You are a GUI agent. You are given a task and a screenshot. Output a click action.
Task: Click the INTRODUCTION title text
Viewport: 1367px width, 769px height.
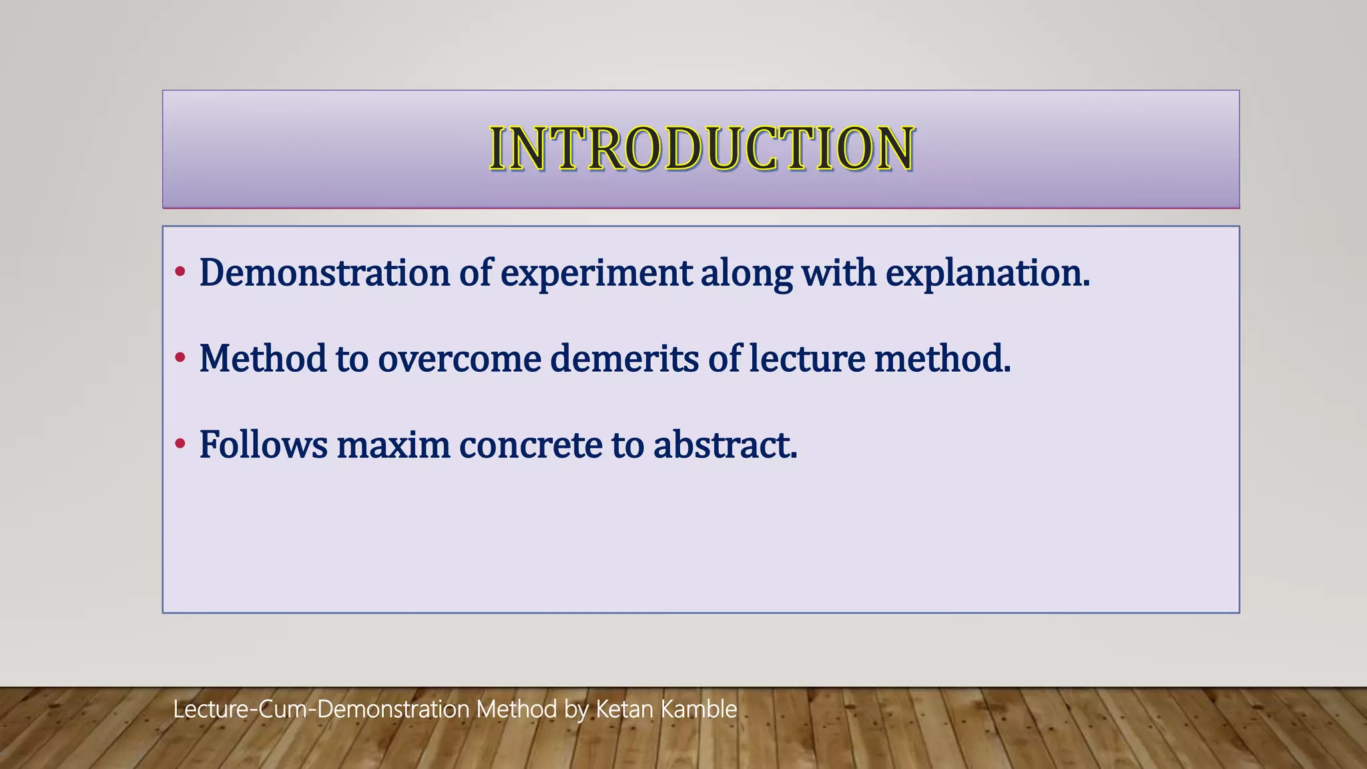click(701, 148)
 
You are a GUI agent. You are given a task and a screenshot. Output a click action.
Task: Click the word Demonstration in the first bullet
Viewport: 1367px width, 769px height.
click(324, 273)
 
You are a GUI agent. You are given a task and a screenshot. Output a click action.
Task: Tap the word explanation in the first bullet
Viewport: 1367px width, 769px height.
click(987, 273)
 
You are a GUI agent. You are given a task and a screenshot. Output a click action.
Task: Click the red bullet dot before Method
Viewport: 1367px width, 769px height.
click(180, 358)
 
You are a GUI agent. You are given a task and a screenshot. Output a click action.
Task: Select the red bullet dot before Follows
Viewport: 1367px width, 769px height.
click(180, 444)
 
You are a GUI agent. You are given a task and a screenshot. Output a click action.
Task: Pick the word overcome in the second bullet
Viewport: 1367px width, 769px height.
click(459, 359)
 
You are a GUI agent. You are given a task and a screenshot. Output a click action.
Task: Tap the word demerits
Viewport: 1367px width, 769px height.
click(624, 359)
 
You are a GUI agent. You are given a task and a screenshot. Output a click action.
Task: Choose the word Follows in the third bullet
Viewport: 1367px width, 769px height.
click(263, 445)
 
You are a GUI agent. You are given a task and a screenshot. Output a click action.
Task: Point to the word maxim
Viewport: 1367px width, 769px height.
click(393, 445)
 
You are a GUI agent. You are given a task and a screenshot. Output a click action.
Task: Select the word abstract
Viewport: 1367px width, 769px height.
click(725, 445)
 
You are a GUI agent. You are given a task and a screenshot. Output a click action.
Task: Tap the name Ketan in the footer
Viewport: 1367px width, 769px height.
click(624, 709)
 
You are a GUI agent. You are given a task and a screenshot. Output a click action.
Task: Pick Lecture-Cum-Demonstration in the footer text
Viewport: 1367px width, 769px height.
click(321, 709)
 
